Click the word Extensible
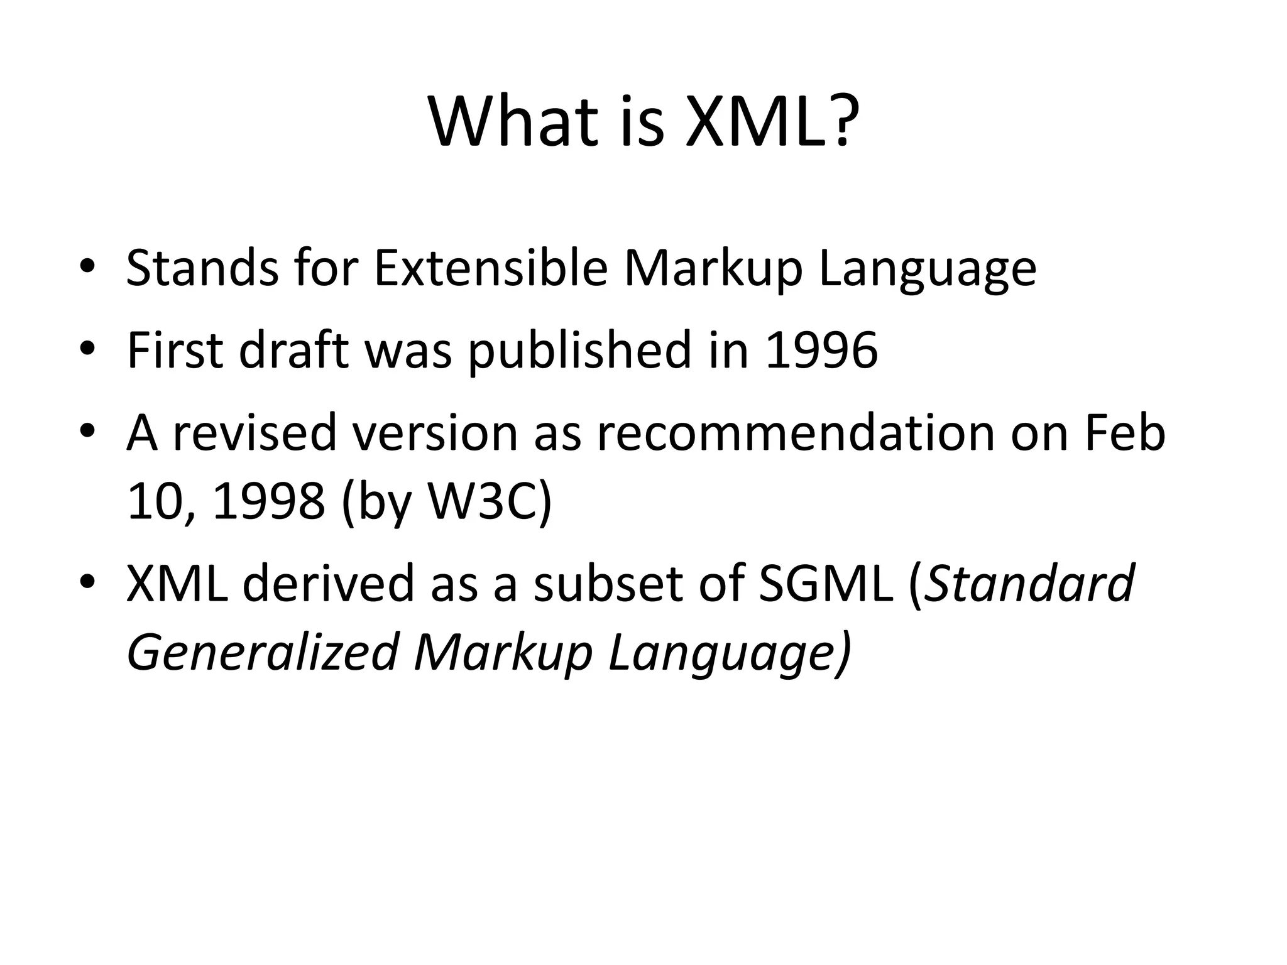pos(490,268)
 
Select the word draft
pos(293,350)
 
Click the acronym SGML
pos(826,582)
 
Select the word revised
pos(255,433)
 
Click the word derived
pos(329,582)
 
